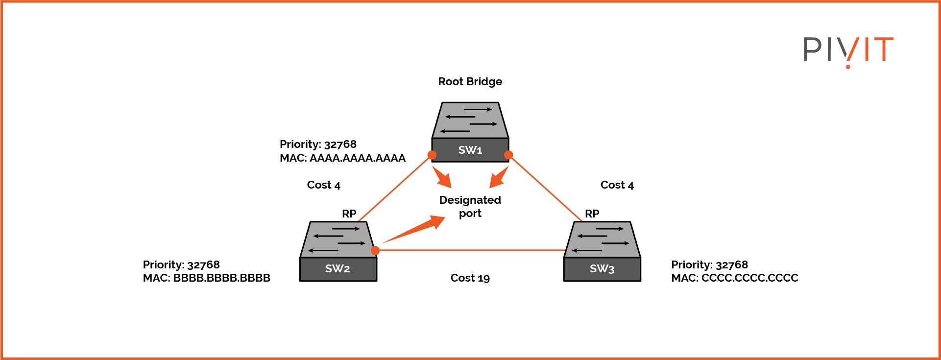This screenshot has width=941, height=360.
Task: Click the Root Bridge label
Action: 470,82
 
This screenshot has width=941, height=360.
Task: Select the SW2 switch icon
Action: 338,251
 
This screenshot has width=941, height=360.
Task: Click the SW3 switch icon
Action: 602,251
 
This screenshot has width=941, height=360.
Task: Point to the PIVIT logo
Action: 848,50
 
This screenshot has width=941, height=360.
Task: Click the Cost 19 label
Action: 470,278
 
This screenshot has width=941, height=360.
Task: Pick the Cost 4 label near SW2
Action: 323,185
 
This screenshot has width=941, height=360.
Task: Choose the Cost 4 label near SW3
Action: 617,185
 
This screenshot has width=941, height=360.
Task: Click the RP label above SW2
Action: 349,214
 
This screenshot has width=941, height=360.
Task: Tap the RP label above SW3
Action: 592,214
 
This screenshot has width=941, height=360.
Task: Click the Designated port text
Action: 470,206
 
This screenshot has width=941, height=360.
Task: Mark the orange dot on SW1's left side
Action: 432,155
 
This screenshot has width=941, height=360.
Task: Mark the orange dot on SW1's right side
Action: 508,155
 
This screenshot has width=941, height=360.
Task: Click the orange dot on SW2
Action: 375,251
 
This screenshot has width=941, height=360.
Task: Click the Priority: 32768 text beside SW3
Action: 709,265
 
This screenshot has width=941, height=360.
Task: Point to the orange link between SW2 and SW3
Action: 470,250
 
